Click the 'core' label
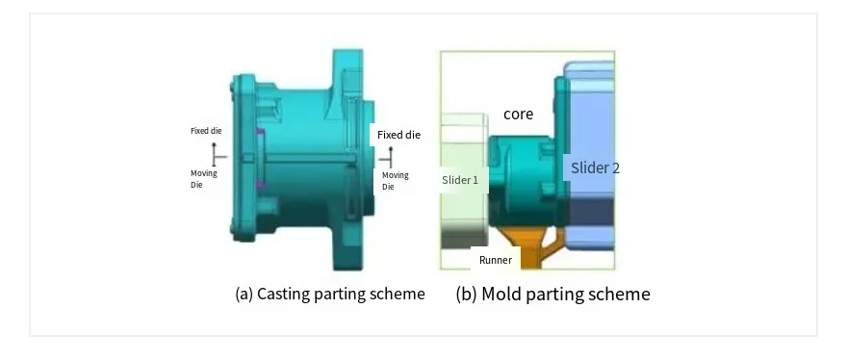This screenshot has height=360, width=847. pyautogui.click(x=518, y=114)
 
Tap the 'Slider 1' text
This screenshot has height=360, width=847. pyautogui.click(x=460, y=180)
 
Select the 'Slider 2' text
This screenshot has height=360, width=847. pyautogui.click(x=595, y=168)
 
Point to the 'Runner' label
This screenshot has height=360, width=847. pyautogui.click(x=496, y=260)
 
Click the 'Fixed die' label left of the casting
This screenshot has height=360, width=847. pyautogui.click(x=206, y=131)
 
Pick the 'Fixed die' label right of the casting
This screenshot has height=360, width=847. pyautogui.click(x=398, y=135)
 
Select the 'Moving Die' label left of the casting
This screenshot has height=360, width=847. pyautogui.click(x=204, y=179)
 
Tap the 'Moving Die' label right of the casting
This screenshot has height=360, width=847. pyautogui.click(x=396, y=181)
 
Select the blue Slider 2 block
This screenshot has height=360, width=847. pyautogui.click(x=589, y=156)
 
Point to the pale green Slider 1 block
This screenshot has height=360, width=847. pyautogui.click(x=464, y=181)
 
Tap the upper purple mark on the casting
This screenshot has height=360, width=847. pyautogui.click(x=261, y=132)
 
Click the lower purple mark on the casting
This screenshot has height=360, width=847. pyautogui.click(x=261, y=184)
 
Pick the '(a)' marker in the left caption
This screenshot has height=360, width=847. pyautogui.click(x=244, y=295)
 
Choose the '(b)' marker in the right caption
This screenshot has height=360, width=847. pyautogui.click(x=466, y=295)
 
